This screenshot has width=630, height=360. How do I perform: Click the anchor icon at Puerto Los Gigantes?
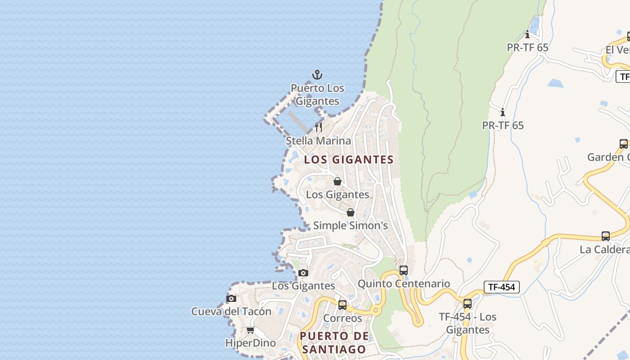point(318,75)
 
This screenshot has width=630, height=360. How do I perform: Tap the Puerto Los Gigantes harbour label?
point(317,94)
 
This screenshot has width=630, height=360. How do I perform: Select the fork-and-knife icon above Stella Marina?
point(319,127)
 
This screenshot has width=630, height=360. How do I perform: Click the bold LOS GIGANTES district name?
point(349,160)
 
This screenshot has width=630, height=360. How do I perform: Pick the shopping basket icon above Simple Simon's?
point(351,212)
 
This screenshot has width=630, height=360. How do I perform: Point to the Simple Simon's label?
point(350,225)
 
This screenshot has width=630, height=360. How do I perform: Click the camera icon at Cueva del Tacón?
point(231,298)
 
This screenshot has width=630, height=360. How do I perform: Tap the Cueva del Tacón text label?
point(231,311)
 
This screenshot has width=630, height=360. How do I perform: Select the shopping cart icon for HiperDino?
point(251,330)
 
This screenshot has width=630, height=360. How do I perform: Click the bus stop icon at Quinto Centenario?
point(404,270)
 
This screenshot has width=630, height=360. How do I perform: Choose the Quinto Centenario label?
point(404,283)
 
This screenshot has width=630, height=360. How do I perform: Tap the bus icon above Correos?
point(342,305)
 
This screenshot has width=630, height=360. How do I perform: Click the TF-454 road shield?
point(502,287)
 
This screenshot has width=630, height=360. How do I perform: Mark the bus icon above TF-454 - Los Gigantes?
point(468,304)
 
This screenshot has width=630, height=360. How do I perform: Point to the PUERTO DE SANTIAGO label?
point(334,342)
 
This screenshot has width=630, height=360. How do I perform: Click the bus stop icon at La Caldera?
point(606,236)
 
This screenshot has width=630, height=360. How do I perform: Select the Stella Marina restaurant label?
point(319,141)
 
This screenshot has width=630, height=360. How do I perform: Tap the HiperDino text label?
point(250,343)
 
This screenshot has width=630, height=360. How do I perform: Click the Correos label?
point(342,318)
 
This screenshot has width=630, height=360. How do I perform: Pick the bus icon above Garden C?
point(624,144)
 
